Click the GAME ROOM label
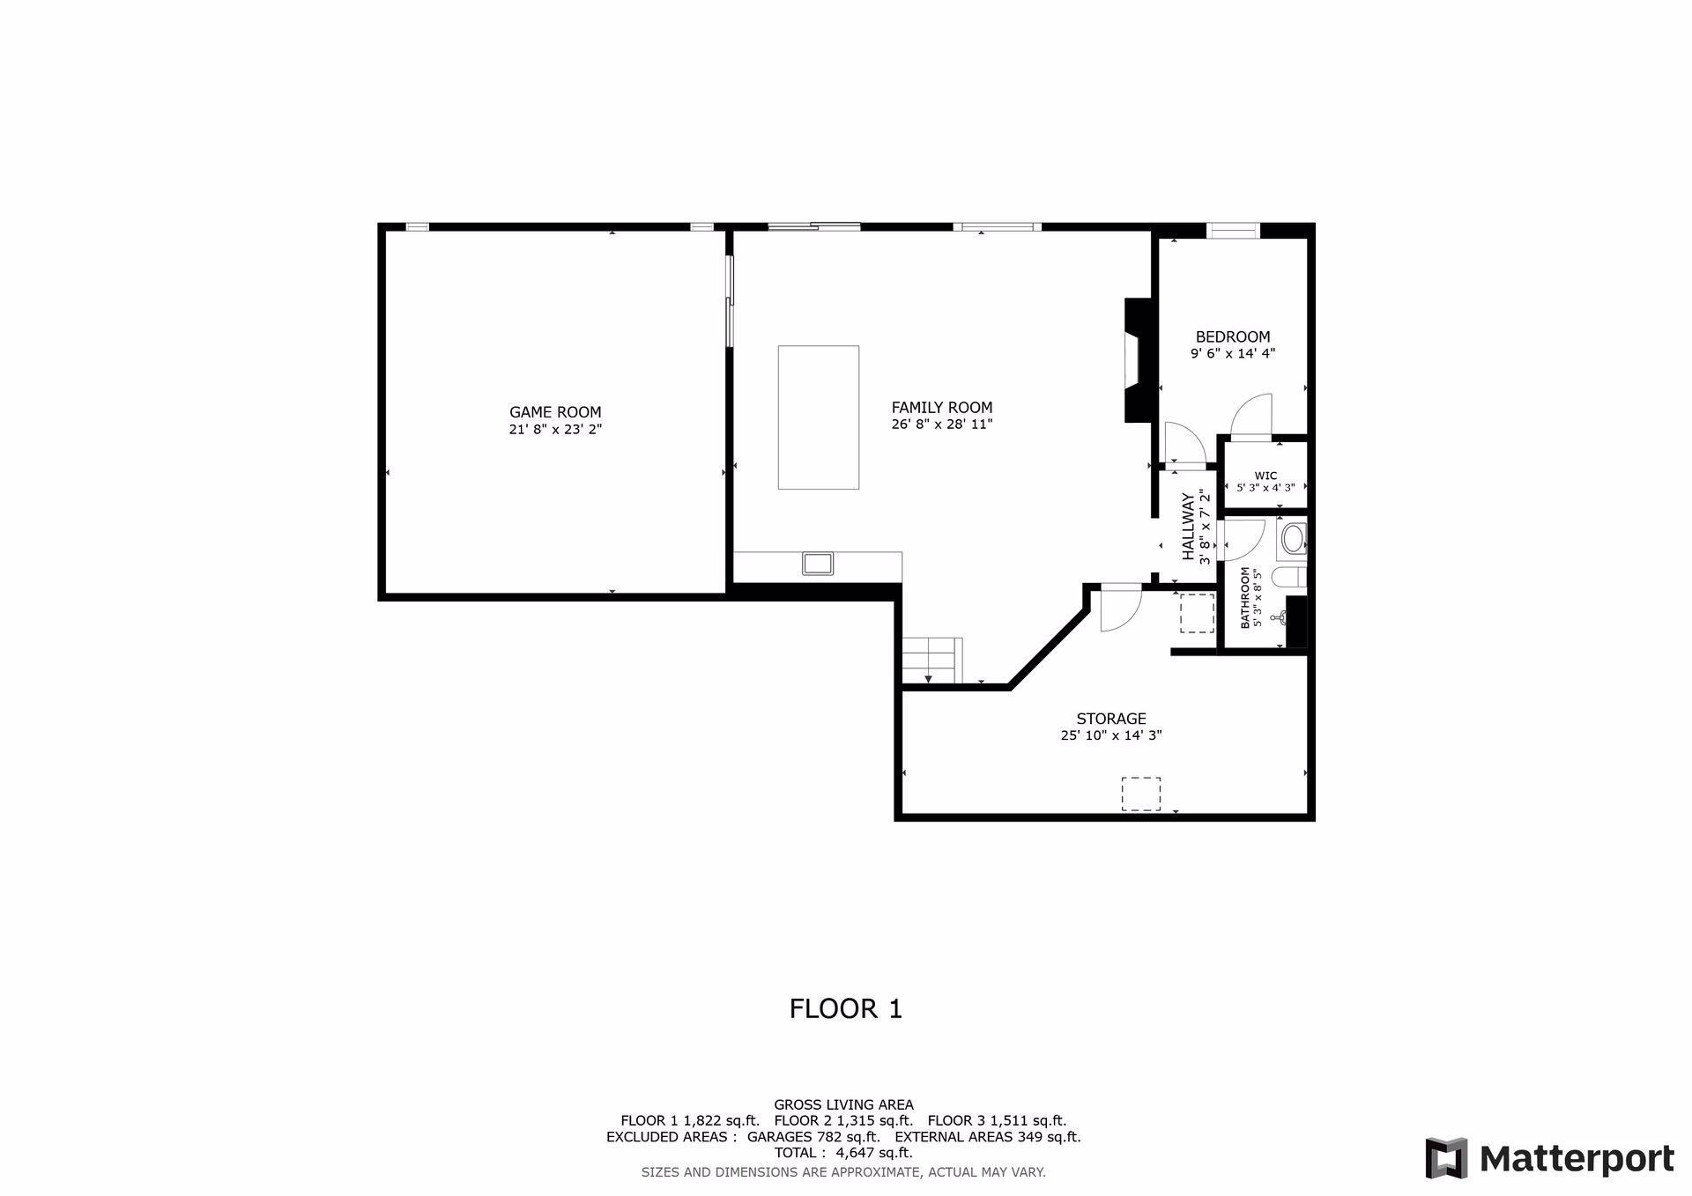point(555,412)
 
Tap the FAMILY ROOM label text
point(942,408)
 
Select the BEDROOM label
point(1233,336)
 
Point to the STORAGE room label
point(1111,719)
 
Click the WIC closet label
point(1265,476)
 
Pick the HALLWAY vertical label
point(1188,527)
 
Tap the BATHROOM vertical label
point(1245,597)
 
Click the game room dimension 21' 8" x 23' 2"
point(555,430)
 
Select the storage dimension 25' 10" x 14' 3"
point(1111,735)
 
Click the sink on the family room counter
point(819,563)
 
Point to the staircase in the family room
point(932,660)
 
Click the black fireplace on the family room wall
point(1138,361)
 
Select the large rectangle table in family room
point(819,417)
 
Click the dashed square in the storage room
point(1140,794)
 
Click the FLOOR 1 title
point(846,1008)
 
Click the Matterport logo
point(1550,1158)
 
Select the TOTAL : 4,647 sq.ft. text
point(843,1152)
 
